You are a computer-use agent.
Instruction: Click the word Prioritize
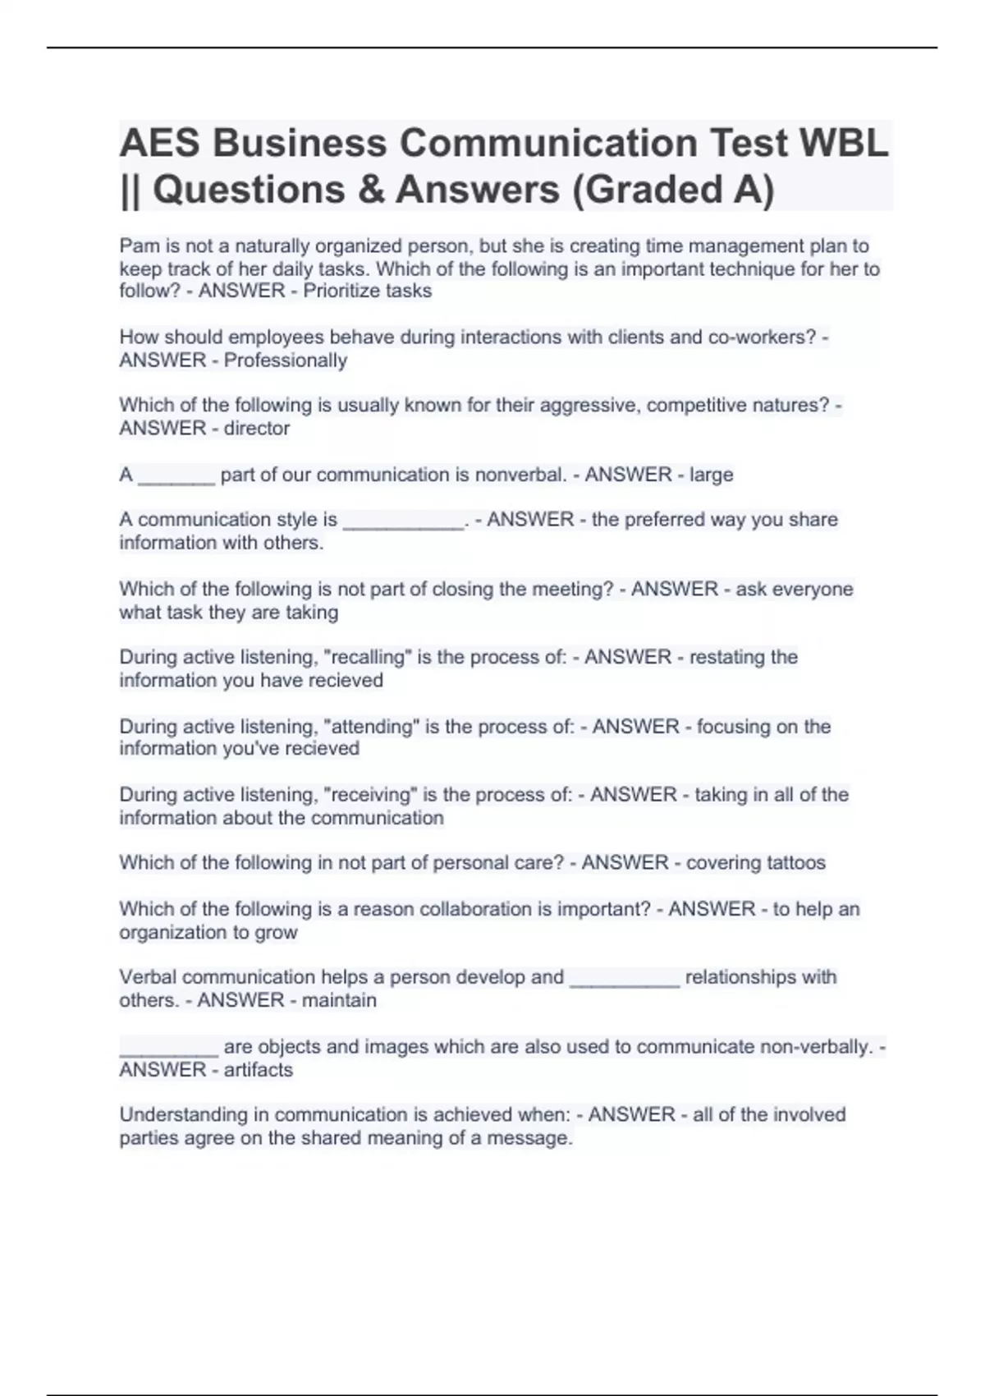[x=342, y=291]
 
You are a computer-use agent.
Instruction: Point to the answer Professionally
[x=286, y=360]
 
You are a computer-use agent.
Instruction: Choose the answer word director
[x=257, y=429]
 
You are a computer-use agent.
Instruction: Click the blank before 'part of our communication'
[x=176, y=476]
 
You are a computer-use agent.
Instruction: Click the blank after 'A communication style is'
[x=403, y=521]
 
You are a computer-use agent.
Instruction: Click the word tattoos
[x=795, y=863]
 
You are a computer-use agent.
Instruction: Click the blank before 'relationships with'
[x=624, y=979]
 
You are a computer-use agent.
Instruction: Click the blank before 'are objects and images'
[x=168, y=1049]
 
